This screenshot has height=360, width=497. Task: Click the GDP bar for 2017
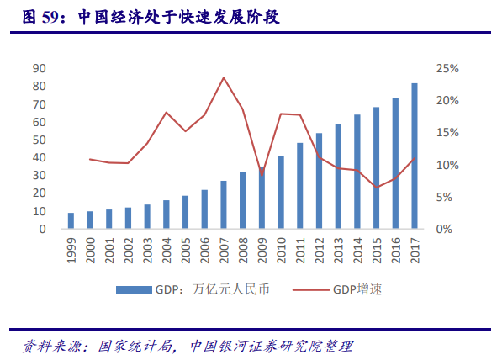click(415, 156)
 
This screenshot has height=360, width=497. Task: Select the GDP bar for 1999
click(71, 220)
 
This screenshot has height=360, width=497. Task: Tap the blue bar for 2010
click(281, 192)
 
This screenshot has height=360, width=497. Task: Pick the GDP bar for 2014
click(357, 171)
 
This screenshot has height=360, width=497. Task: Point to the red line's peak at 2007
click(224, 78)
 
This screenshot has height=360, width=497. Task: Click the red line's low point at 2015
click(377, 187)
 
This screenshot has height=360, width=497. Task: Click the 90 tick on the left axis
click(39, 68)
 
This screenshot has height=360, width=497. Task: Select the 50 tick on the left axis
click(39, 140)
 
